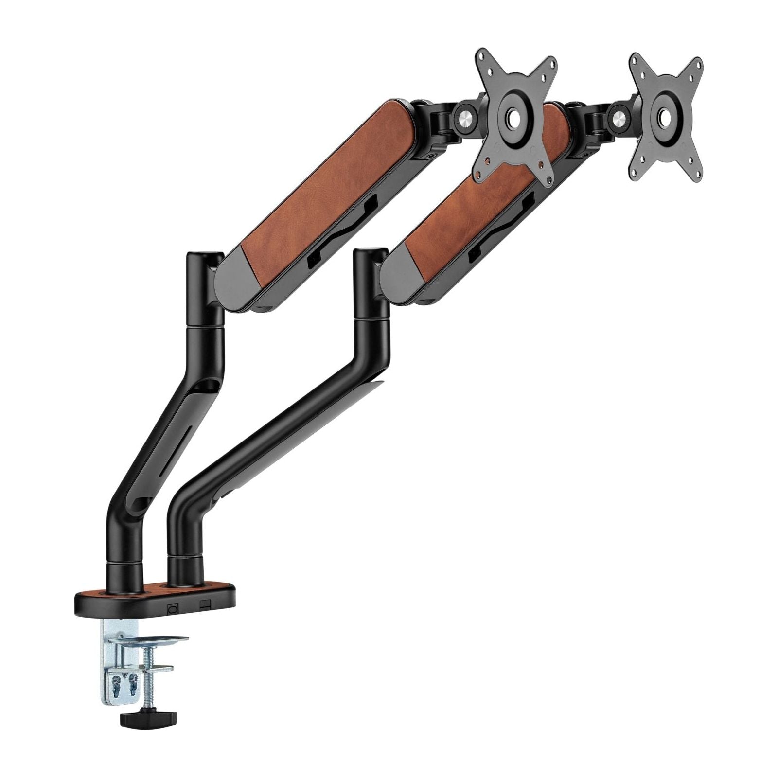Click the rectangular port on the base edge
[x=205, y=605]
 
